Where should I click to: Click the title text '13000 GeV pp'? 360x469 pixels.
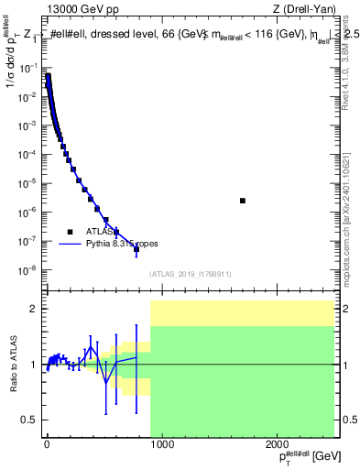coord(76,11)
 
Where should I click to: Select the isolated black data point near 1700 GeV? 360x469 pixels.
coord(242,201)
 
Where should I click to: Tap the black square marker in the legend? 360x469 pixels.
coord(68,231)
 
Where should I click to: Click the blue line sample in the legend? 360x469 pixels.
coord(68,244)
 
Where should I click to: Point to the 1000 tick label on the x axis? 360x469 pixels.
coord(162,445)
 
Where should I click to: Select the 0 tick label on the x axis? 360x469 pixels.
coord(47,445)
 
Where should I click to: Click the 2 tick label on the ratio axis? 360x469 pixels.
coord(32,310)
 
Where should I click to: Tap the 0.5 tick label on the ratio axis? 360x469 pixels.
coord(28,420)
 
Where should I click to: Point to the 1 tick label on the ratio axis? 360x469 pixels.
coord(32,365)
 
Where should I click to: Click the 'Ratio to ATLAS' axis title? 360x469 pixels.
coord(12,365)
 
